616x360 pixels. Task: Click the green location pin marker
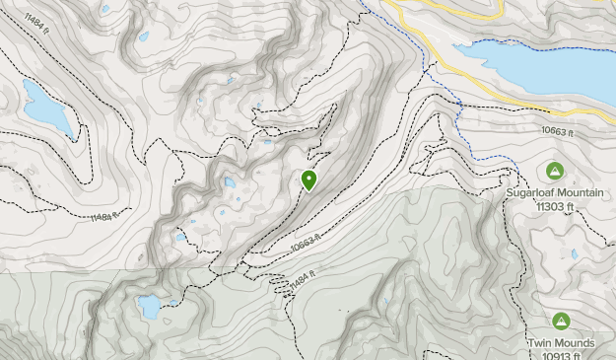309,180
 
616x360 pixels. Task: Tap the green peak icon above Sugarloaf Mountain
554,170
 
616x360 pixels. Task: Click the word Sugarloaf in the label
532,192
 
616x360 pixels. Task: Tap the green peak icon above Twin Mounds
561,321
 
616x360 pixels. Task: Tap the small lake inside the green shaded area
149,306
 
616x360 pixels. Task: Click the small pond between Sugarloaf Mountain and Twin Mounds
574,254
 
